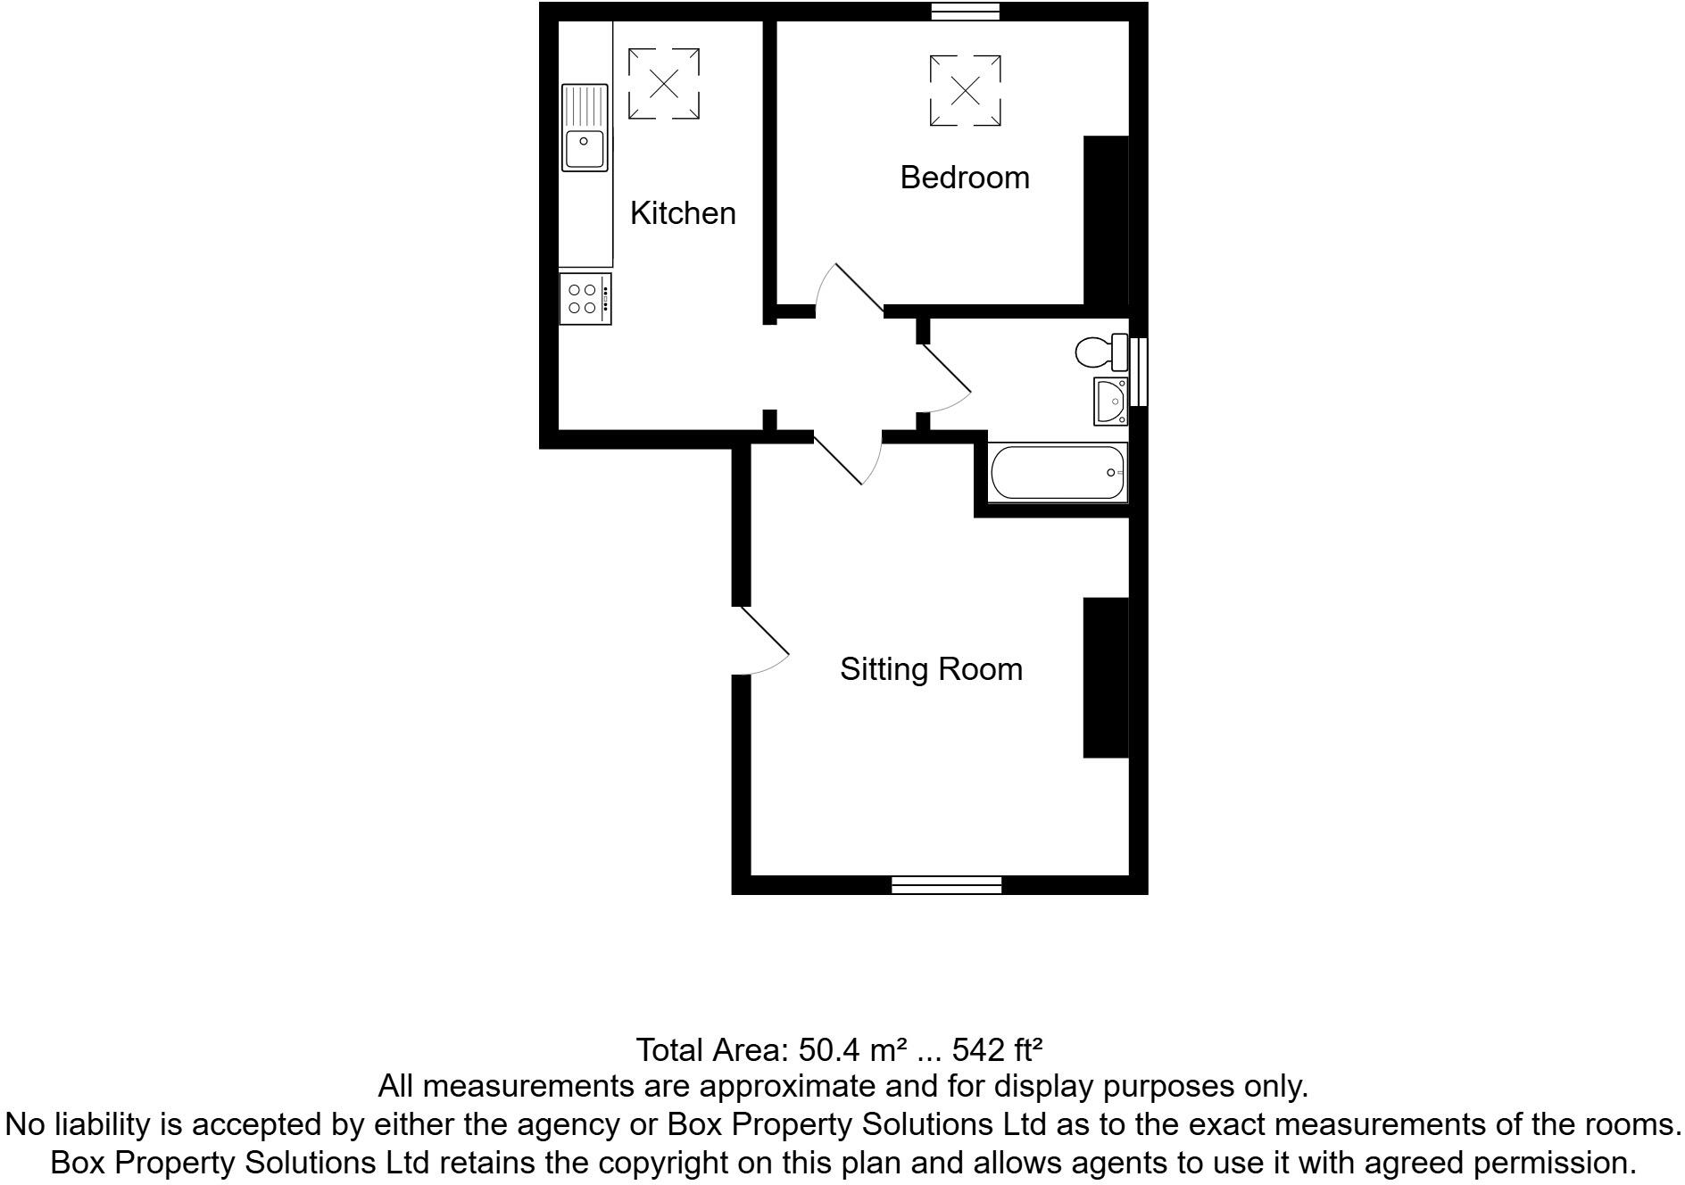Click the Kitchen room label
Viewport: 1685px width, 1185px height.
(683, 213)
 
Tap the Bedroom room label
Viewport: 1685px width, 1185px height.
(964, 178)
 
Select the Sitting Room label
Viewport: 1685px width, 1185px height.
(931, 669)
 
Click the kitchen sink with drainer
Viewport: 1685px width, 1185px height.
(585, 128)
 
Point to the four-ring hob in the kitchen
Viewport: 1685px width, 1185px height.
(585, 299)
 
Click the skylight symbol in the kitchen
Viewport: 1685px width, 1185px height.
(663, 84)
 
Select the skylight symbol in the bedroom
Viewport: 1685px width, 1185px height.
(965, 90)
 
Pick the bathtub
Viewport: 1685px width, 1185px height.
(1058, 472)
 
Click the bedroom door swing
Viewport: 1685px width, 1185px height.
(848, 290)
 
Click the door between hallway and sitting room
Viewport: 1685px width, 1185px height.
(848, 457)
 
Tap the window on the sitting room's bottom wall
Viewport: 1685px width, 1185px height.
(946, 884)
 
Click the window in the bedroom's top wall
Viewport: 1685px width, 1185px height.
(965, 12)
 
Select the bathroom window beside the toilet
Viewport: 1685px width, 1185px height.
(1139, 371)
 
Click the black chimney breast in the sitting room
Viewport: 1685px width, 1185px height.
(1106, 677)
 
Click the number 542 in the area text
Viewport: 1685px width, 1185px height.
(979, 1050)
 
